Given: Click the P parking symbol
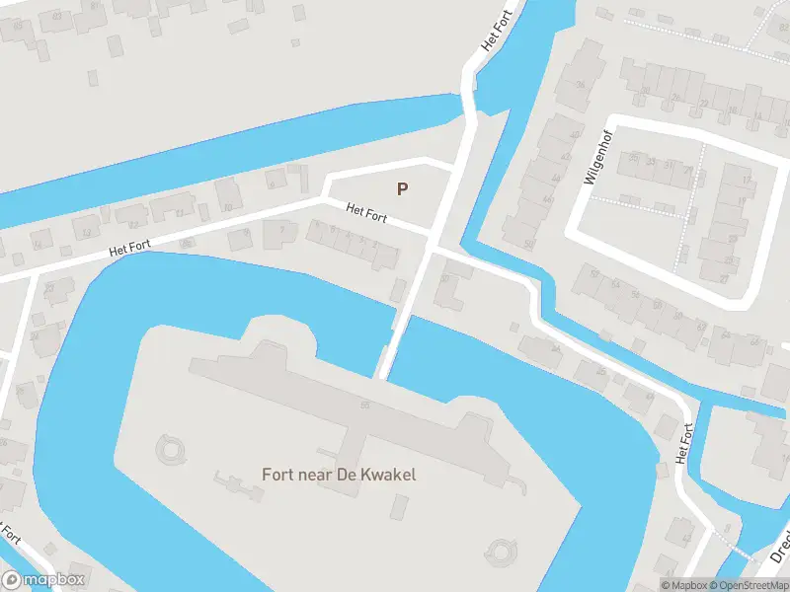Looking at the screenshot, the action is click(x=402, y=188).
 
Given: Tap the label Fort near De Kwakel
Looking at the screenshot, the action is click(x=339, y=475).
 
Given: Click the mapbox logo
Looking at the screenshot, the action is click(x=43, y=579).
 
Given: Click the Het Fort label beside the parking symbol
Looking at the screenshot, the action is click(x=365, y=211).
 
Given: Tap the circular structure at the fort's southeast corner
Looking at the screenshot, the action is click(x=502, y=549).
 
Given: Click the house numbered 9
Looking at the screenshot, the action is click(x=271, y=182).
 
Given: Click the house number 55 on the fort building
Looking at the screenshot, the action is click(x=365, y=406).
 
